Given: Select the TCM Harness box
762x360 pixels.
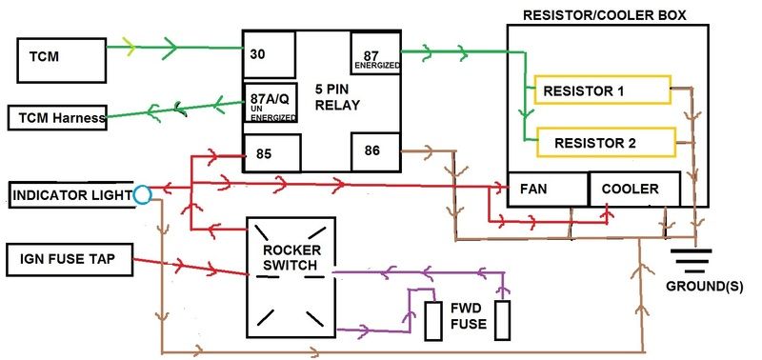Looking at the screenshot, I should coord(57,119).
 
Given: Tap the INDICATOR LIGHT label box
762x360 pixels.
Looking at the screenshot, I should coord(70,195).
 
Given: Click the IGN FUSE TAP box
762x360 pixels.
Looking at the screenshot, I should coord(70,257).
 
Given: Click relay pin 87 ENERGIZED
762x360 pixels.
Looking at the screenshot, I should coord(373,52).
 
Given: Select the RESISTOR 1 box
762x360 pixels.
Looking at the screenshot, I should coord(602,91).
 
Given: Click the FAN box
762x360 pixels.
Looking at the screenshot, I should coord(547,189).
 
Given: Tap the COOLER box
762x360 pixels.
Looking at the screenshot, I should coord(634,189).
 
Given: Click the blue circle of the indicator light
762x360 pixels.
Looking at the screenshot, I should coord(143,195).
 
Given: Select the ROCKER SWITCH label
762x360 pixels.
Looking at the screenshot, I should coord(291,257).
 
